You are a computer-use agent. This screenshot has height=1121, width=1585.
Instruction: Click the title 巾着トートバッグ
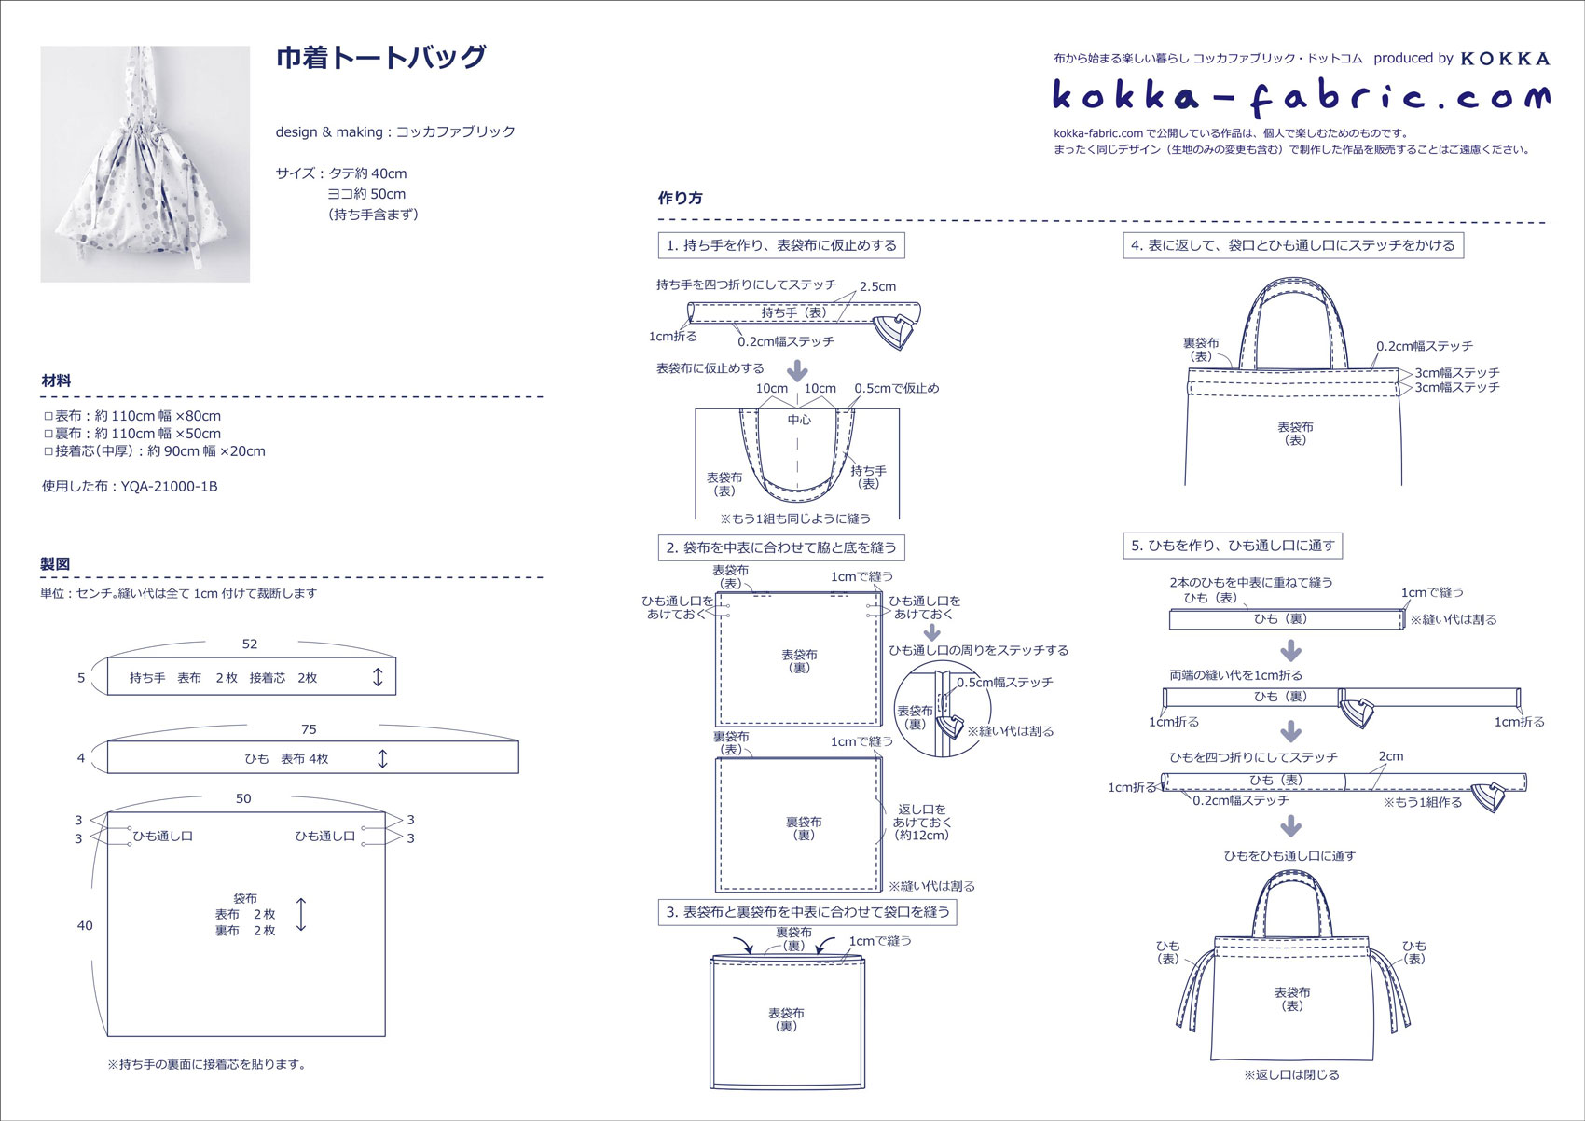380,57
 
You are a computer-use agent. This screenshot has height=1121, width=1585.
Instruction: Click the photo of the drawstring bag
145,164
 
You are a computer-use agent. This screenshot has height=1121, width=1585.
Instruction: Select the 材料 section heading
56,381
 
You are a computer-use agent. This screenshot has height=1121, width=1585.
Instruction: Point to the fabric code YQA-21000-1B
169,486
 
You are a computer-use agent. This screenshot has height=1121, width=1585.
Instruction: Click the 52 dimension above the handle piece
250,644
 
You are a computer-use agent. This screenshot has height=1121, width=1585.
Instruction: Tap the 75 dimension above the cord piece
309,729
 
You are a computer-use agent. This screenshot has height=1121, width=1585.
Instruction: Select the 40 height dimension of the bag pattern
85,926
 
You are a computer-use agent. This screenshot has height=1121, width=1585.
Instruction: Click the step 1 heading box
781,245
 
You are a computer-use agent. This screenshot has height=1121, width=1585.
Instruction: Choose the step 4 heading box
1293,245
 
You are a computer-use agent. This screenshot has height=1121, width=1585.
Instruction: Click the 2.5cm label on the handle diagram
877,286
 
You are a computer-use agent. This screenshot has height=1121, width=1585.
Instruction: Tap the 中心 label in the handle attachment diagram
799,420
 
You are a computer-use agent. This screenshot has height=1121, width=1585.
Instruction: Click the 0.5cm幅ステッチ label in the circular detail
1005,683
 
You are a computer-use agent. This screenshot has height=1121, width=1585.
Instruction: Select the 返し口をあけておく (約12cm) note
922,822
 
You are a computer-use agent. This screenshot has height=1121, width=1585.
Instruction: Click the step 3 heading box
807,912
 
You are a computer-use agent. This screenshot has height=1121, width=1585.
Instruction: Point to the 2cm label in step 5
1390,755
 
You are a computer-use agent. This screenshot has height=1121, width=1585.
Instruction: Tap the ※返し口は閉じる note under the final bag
1291,1074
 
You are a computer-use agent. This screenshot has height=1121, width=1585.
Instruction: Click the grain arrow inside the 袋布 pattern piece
301,914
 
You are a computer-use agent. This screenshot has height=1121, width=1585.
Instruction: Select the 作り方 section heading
680,198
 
